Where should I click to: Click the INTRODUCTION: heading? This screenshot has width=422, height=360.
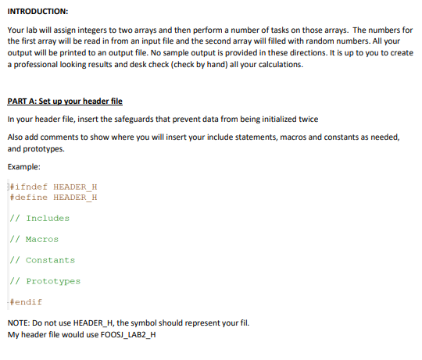tap(38, 12)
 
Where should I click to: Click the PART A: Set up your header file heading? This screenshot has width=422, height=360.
tap(65, 102)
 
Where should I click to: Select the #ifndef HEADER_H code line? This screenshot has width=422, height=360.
tap(53, 187)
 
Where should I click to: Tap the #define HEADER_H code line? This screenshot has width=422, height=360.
tap(53, 197)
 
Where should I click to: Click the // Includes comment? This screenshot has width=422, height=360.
tap(40, 219)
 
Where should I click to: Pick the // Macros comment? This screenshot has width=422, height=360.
tap(34, 239)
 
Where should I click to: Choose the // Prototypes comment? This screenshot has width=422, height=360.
tap(45, 281)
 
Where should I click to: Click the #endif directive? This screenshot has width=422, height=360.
tap(26, 301)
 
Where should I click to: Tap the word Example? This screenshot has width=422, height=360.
tap(24, 166)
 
